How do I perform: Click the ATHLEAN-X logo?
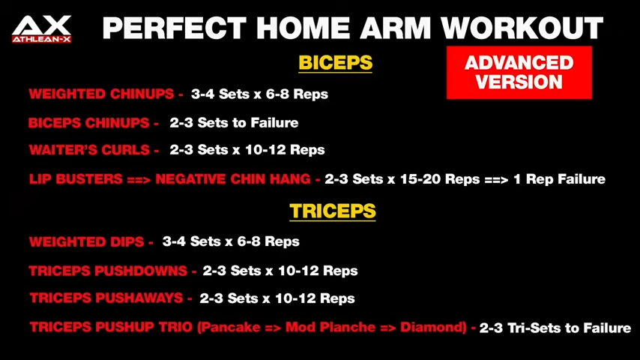click(x=42, y=29)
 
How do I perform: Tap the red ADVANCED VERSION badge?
click(x=519, y=72)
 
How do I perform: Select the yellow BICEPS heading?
click(x=335, y=63)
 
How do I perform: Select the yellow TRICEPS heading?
click(x=333, y=211)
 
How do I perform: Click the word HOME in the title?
click(x=304, y=28)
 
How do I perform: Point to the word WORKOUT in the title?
click(x=522, y=28)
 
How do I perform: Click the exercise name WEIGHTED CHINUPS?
click(x=101, y=94)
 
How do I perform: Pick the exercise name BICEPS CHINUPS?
click(x=88, y=123)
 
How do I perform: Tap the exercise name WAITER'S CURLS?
click(x=89, y=150)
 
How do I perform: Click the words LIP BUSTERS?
click(x=76, y=179)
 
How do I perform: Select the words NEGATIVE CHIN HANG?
click(x=233, y=179)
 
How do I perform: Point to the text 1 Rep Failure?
click(x=559, y=179)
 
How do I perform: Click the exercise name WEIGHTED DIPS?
click(x=86, y=241)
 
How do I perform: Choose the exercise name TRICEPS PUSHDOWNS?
click(x=108, y=271)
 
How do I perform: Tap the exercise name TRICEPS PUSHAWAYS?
click(x=106, y=298)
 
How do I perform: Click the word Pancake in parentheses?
click(x=231, y=327)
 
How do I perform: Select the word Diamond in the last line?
click(x=432, y=327)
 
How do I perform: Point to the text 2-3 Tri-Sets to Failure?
click(x=555, y=328)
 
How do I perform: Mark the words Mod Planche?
click(x=330, y=327)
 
